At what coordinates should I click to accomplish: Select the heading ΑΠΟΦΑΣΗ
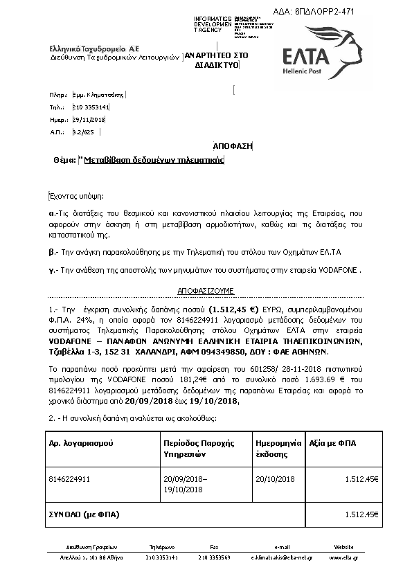(233, 145)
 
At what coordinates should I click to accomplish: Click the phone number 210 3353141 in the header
(91, 107)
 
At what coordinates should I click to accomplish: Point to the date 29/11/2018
(88, 119)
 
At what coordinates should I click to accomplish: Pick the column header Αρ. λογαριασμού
(82, 442)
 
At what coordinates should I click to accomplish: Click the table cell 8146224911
(70, 478)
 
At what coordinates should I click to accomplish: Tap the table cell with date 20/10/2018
(276, 478)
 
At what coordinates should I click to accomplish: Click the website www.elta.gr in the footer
(343, 557)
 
